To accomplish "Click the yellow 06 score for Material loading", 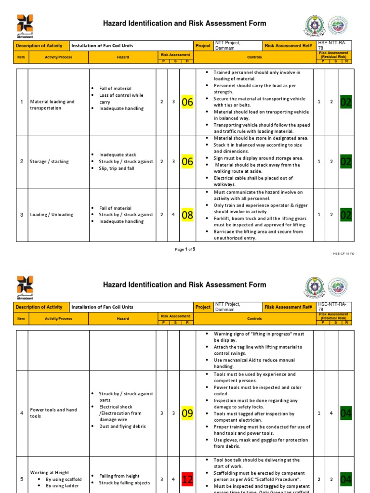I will (187, 102).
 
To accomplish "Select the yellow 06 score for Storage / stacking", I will (187, 162).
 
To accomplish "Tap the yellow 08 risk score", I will (187, 215).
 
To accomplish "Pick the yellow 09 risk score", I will (187, 413).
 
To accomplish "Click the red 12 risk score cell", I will (187, 480).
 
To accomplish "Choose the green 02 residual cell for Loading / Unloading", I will (346, 215).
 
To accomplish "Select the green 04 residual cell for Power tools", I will (346, 413).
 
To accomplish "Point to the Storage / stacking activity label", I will (49, 162).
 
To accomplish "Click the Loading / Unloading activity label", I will (52, 215).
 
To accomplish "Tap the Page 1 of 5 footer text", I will (185, 249).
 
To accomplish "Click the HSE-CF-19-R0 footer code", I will (343, 253).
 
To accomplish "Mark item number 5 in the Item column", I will (22, 480).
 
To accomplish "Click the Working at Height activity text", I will (50, 473).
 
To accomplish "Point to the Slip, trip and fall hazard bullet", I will (117, 169).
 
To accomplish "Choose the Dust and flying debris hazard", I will (122, 426).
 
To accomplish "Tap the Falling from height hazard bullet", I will (121, 476).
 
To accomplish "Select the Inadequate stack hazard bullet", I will (118, 155).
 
